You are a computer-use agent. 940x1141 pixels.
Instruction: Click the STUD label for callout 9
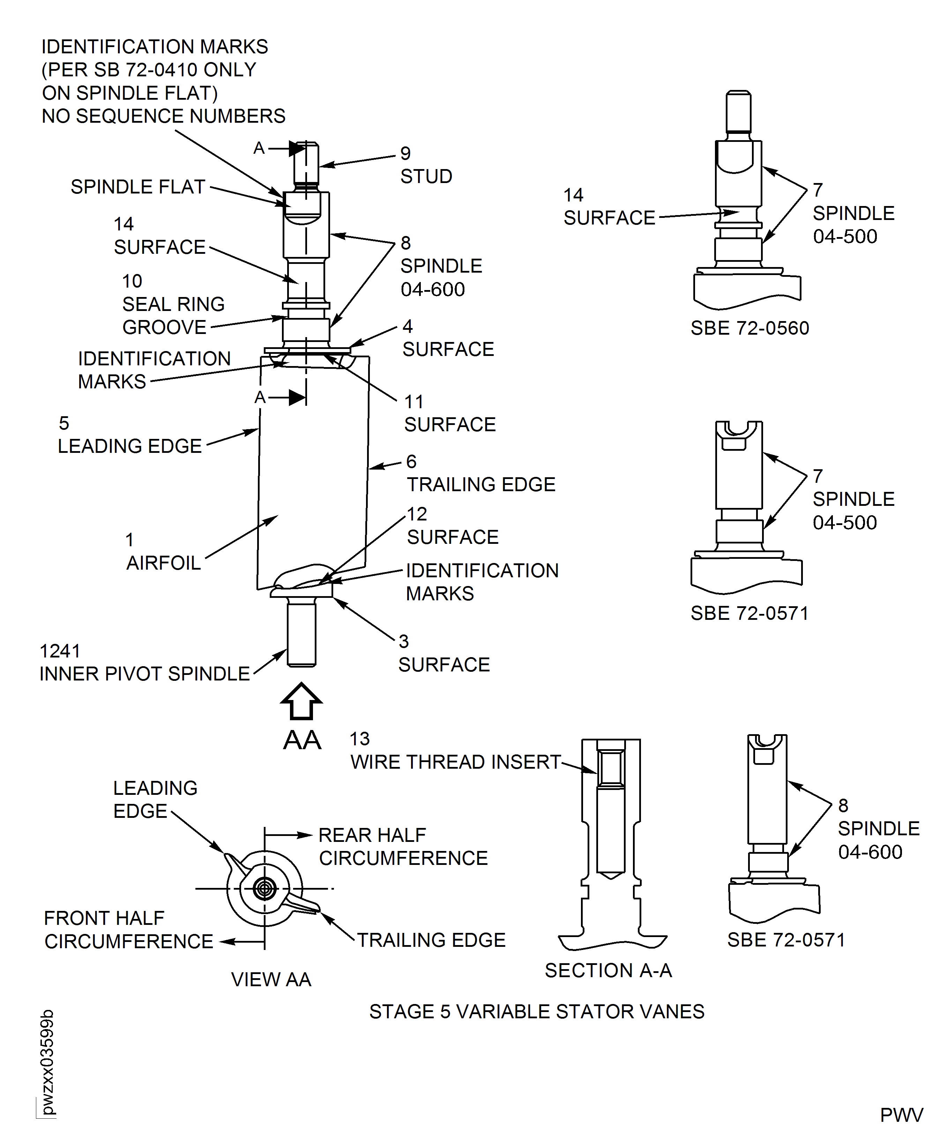pos(426,176)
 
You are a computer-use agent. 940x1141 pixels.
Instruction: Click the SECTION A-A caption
pos(608,970)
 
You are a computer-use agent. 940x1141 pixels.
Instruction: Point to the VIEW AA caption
pos(271,979)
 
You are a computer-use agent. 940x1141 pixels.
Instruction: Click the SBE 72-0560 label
pos(749,328)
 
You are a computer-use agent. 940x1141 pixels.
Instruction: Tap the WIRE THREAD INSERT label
pos(455,762)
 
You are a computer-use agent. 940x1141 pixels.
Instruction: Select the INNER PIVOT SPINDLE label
pos(144,674)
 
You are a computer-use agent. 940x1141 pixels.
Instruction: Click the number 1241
pos(60,651)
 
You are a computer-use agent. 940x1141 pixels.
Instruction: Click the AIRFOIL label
pos(164,563)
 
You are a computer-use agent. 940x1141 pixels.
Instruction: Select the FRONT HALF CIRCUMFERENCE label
pos(128,929)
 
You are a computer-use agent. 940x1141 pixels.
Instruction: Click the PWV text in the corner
pos(901,1115)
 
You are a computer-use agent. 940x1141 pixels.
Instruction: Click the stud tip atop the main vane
pos(306,162)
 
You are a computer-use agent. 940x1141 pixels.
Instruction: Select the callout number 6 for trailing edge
pos(411,462)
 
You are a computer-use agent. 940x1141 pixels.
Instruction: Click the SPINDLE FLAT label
pos(137,187)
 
